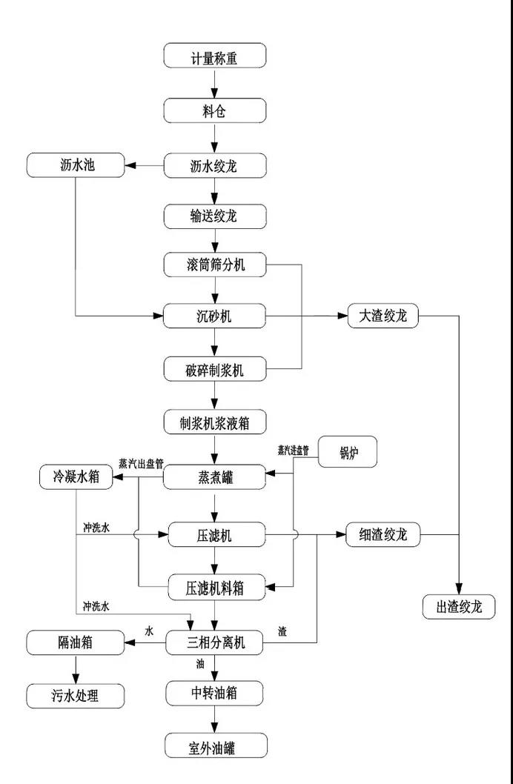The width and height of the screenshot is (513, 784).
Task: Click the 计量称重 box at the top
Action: tap(214, 57)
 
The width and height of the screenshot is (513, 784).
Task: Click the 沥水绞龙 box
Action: tap(214, 165)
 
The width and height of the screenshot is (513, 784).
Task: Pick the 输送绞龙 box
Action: tap(214, 216)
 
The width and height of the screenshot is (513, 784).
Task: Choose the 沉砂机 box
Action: tap(214, 316)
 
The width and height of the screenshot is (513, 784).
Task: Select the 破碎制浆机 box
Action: tap(214, 369)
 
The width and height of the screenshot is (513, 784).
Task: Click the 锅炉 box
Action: tap(347, 452)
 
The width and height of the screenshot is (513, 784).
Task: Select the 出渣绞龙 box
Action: tap(459, 606)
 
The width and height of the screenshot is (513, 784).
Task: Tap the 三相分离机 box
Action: tap(214, 642)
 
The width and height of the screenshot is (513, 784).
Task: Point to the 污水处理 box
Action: tap(74, 695)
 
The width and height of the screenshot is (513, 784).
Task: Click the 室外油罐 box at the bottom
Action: tap(214, 746)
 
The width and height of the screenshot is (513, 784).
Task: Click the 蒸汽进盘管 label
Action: tap(294, 449)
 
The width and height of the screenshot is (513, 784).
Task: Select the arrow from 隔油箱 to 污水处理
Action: tap(74, 669)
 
